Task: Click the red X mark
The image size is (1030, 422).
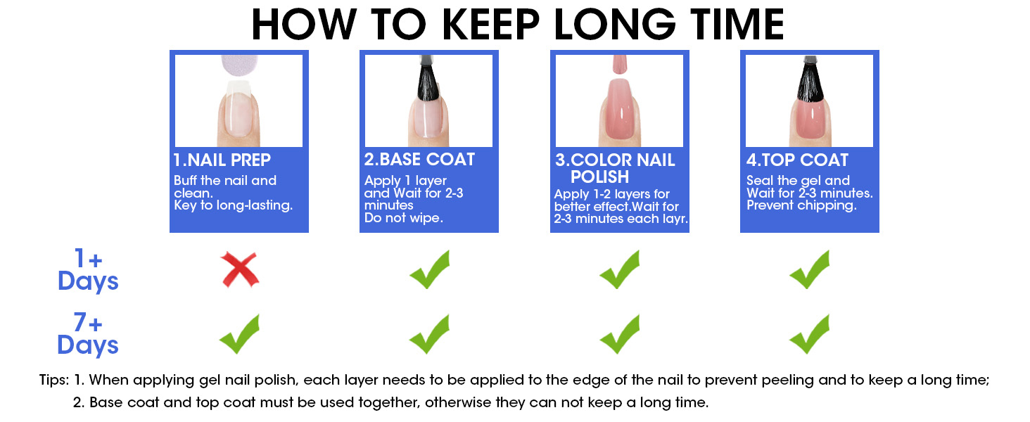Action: [240, 270]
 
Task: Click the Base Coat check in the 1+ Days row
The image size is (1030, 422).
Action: [429, 270]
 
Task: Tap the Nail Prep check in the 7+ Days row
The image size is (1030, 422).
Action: [239, 334]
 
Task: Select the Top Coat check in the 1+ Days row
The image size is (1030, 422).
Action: [809, 270]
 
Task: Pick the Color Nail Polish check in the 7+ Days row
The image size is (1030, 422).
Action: [619, 334]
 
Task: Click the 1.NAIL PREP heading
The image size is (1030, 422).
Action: [222, 160]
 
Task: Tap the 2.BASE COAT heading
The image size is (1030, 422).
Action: [419, 160]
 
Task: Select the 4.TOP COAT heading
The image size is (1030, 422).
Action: [797, 160]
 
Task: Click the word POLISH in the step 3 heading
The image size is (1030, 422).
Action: [599, 177]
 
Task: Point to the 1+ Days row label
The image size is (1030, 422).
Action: [88, 270]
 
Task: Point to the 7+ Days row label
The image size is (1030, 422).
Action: [88, 334]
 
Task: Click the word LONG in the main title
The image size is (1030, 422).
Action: [615, 25]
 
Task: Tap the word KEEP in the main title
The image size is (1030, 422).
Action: [490, 25]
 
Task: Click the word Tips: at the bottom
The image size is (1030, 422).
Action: [54, 381]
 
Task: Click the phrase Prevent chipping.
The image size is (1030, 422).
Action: [801, 205]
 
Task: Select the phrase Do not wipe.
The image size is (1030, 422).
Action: [404, 218]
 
